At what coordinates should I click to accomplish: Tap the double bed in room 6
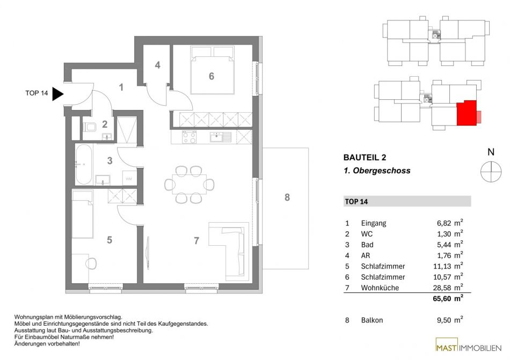click(213, 70)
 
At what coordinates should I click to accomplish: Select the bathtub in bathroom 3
click(84, 164)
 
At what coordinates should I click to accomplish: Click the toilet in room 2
click(89, 127)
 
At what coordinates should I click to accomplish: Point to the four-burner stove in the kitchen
click(189, 137)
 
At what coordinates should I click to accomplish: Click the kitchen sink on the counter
click(221, 137)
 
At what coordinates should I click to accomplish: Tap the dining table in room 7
click(189, 184)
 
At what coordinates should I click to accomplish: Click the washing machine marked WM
click(129, 178)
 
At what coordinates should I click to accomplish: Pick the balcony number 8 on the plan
click(287, 197)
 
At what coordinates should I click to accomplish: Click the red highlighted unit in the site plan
click(467, 113)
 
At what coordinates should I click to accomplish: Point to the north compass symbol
click(491, 171)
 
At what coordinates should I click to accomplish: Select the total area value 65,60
click(442, 299)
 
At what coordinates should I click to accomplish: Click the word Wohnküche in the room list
click(380, 288)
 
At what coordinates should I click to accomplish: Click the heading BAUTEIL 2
click(365, 158)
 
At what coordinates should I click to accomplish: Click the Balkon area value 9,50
click(444, 320)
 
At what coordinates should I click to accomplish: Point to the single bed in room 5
click(83, 214)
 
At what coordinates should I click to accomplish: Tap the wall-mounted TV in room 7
click(148, 253)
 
